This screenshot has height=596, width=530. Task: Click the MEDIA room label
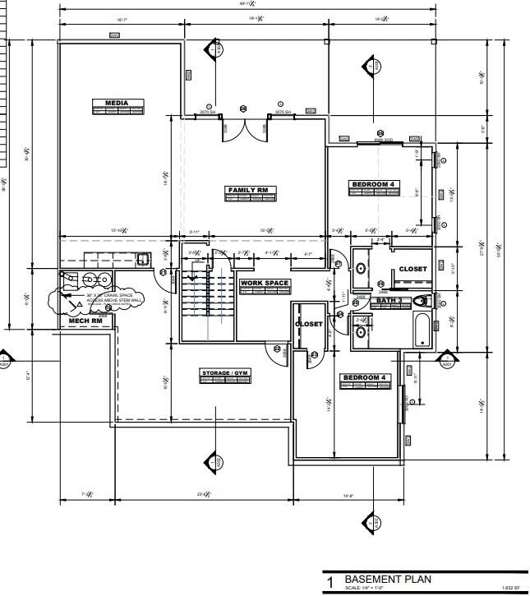(x=118, y=104)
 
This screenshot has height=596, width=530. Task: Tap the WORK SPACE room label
(x=265, y=284)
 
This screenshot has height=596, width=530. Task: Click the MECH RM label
(x=85, y=321)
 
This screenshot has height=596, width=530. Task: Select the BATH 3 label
(x=389, y=302)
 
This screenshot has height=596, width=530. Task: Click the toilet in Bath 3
(x=422, y=301)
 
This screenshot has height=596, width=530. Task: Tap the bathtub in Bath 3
(x=422, y=330)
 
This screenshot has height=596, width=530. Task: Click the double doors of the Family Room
(x=244, y=127)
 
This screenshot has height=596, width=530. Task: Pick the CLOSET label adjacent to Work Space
(x=309, y=324)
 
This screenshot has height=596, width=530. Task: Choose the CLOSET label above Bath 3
(x=412, y=269)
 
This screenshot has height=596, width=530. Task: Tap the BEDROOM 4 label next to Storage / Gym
(x=365, y=377)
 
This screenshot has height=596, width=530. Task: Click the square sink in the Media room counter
(x=141, y=259)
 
